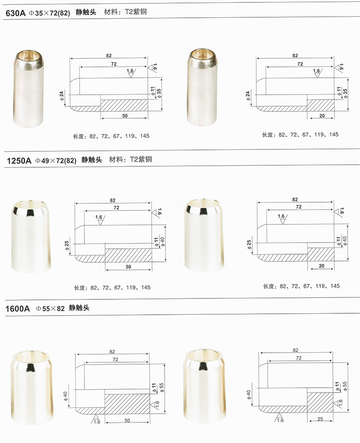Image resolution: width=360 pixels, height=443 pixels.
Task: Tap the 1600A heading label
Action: tap(18, 308)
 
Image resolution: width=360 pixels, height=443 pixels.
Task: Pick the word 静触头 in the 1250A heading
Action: tap(92, 160)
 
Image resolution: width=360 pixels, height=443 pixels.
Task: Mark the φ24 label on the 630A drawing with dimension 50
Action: tap(61, 96)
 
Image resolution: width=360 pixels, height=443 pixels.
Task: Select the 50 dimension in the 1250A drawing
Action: tap(128, 266)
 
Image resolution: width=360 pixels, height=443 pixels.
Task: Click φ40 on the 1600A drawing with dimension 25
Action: tap(249, 395)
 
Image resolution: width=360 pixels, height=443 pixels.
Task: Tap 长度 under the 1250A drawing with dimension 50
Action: tap(79, 288)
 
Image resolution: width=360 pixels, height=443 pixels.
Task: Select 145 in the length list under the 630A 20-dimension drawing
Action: tap(334, 135)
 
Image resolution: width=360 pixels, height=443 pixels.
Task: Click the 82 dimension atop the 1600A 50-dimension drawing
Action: tap(112, 351)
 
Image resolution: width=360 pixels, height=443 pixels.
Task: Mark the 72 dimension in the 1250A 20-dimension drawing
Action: tap(299, 206)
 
